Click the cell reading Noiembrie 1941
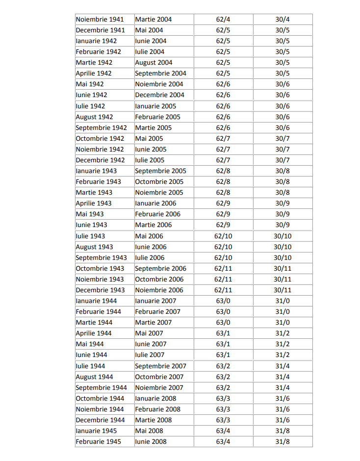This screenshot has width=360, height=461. (100, 20)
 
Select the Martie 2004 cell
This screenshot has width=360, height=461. (154, 20)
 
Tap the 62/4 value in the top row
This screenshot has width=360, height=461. (223, 20)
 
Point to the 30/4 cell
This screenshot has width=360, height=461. (283, 20)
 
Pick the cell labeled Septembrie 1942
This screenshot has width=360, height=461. (101, 128)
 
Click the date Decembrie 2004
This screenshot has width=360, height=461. (160, 95)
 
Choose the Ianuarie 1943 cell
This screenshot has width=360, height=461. (96, 171)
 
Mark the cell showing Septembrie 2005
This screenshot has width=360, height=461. (161, 171)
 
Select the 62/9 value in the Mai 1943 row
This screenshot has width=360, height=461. (223, 214)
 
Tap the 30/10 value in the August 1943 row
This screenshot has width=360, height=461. (283, 247)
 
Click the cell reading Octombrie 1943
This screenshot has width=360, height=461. (100, 268)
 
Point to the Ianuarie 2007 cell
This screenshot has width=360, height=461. (155, 301)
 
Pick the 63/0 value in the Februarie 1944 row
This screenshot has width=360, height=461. (223, 311)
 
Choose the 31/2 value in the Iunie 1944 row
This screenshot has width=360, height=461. (283, 355)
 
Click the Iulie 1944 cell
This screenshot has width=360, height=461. (90, 366)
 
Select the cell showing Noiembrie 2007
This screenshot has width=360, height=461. (159, 387)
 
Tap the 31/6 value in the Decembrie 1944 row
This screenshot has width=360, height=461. (283, 420)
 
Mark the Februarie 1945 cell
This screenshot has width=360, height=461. (98, 441)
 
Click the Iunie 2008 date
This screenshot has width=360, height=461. (151, 441)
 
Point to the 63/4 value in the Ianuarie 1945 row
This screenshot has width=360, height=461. (223, 431)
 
